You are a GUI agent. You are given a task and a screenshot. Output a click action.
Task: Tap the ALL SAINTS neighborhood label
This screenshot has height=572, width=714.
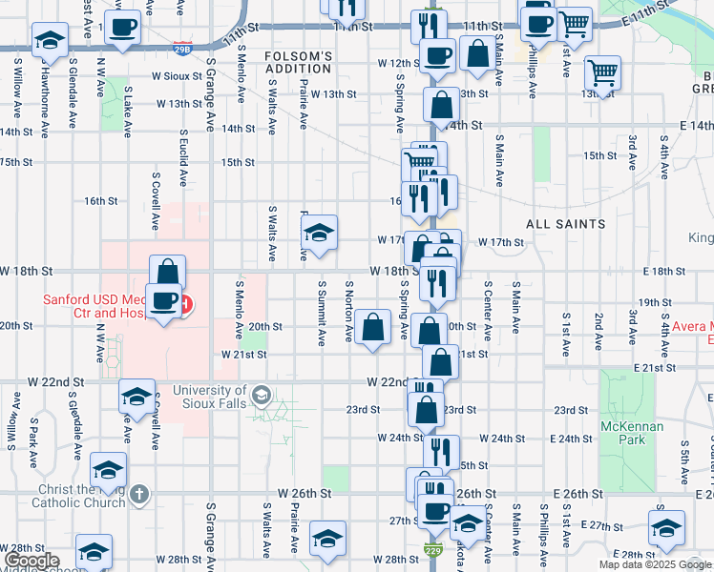pyautogui.click(x=566, y=224)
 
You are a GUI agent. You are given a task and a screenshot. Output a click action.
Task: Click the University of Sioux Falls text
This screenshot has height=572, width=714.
pyautogui.click(x=209, y=391)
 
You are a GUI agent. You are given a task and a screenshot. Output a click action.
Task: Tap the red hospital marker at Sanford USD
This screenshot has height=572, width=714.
pyautogui.click(x=186, y=306)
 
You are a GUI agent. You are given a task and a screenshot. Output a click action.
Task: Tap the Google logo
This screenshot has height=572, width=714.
pyautogui.click(x=28, y=561)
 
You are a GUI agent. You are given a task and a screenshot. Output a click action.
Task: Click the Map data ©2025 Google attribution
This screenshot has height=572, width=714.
pyautogui.click(x=655, y=565)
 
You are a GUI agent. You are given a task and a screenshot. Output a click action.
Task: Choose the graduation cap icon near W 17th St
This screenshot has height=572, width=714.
pyautogui.click(x=319, y=232)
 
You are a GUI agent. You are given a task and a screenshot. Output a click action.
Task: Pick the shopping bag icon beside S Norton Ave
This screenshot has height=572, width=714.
pyautogui.click(x=375, y=327)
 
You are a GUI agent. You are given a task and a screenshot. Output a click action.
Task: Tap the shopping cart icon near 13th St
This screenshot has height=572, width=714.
pyautogui.click(x=602, y=71)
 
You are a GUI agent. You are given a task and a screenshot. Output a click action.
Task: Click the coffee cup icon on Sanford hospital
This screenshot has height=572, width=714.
pyautogui.click(x=164, y=299)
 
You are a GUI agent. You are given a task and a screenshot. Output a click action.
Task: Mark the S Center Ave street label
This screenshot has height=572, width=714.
pyautogui.click(x=488, y=311)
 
